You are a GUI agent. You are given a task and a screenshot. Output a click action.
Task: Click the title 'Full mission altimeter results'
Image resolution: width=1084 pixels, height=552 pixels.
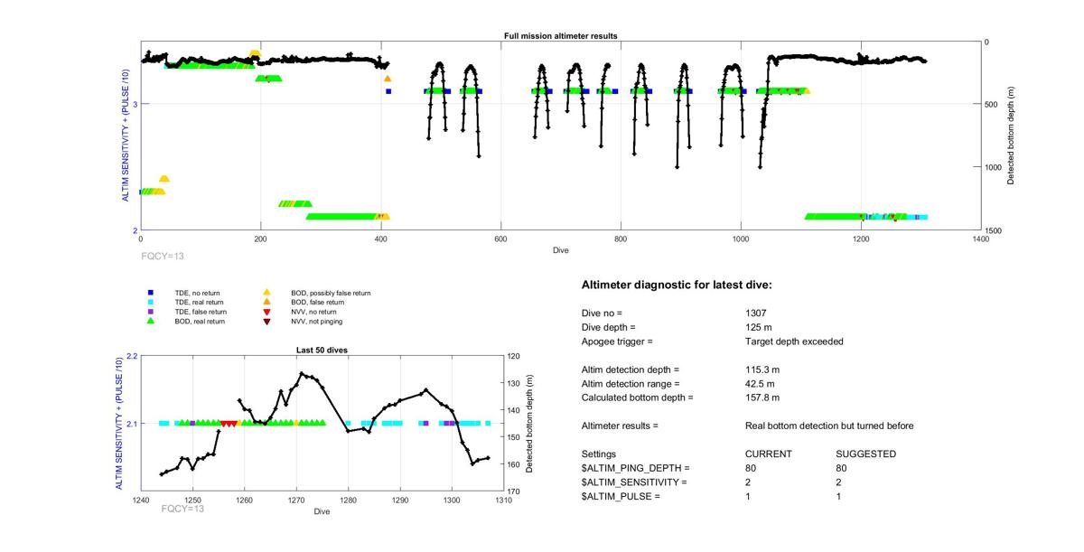[560, 36]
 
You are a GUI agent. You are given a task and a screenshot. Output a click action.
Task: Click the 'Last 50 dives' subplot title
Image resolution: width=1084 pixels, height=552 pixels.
[322, 350]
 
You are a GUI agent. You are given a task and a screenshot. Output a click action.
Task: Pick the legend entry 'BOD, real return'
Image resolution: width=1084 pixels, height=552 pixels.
[200, 321]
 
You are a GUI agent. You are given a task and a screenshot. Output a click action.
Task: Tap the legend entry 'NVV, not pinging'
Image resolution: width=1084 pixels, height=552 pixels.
[317, 321]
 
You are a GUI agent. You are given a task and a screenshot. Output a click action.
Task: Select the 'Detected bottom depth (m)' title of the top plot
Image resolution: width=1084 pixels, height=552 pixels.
[1011, 136]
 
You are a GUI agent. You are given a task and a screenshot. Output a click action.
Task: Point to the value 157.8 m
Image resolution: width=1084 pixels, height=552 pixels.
[762, 398]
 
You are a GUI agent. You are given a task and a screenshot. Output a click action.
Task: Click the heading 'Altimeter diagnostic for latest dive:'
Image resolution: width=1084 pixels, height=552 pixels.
[677, 285]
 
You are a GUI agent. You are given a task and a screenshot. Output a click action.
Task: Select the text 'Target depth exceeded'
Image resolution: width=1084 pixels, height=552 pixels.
[789, 341]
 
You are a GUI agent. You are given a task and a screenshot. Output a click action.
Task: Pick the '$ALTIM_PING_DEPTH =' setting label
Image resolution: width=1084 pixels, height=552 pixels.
[635, 468]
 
